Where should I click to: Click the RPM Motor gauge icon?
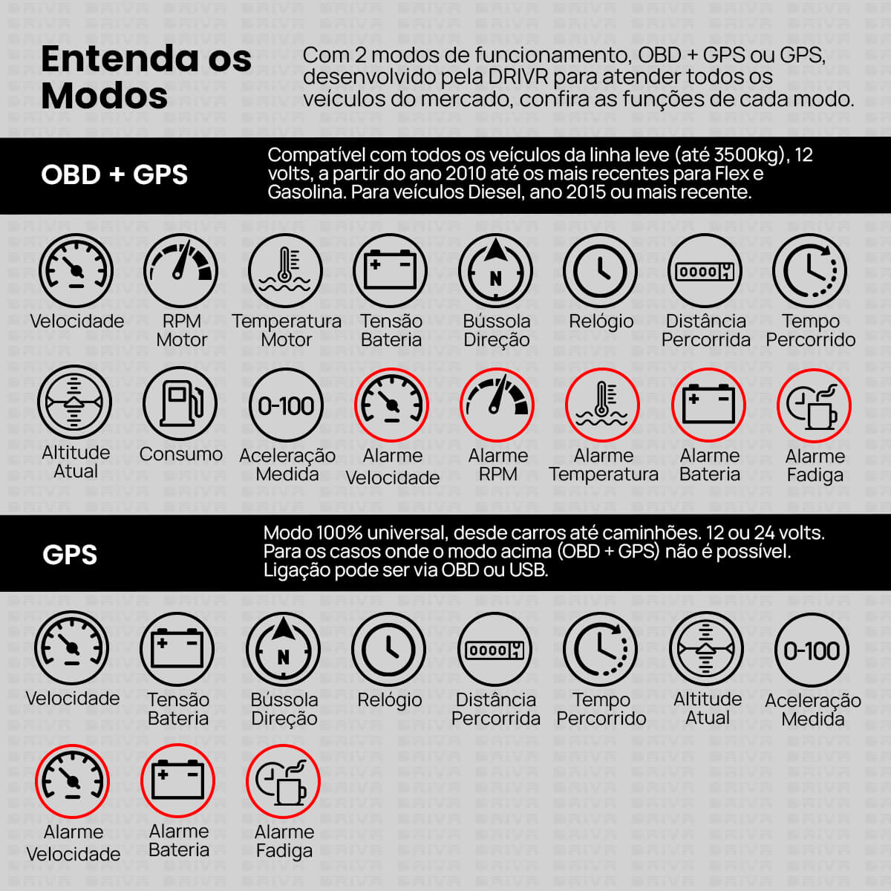(180, 270)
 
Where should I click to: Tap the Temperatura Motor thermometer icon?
(285, 270)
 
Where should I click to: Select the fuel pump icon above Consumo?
(180, 404)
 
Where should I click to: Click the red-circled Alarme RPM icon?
(497, 405)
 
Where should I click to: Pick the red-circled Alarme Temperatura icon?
(602, 405)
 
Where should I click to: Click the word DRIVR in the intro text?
(518, 77)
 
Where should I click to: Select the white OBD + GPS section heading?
(114, 174)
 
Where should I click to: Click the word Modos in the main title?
(105, 97)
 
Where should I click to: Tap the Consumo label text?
(180, 454)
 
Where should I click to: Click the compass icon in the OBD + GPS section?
(495, 270)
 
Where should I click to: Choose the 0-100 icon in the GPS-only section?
(812, 650)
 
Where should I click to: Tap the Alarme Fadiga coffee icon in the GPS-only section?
(283, 781)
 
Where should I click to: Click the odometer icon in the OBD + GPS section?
(705, 270)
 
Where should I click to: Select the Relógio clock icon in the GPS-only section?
(388, 649)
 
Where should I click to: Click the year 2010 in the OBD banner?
(466, 174)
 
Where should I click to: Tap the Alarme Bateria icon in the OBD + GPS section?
(708, 405)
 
